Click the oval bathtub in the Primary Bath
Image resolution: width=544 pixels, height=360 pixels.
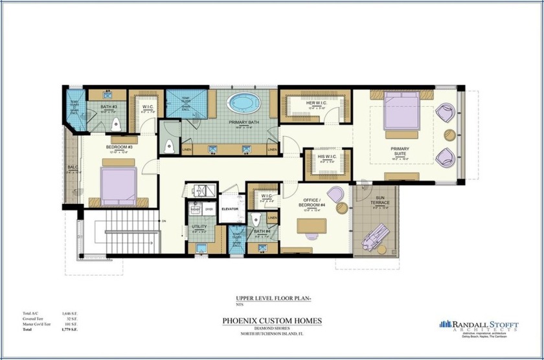point(243,103)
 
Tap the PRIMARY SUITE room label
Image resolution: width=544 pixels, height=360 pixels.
point(399,150)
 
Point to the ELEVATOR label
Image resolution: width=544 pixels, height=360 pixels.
point(231,209)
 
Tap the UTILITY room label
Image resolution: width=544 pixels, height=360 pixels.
point(199,227)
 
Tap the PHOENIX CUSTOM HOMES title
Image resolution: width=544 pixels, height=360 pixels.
point(271,320)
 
